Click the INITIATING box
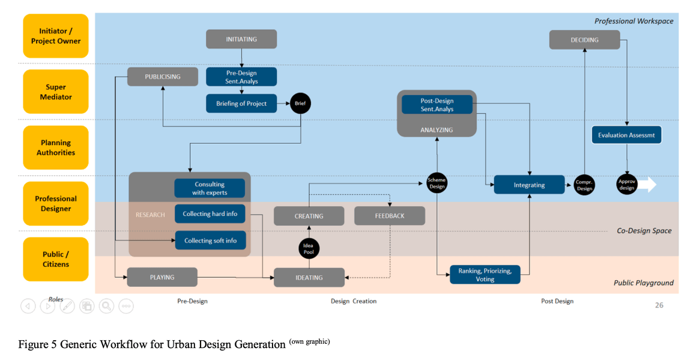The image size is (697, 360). pos(241,39)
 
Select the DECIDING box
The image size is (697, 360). pos(585,40)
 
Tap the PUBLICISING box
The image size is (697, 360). pos(162,77)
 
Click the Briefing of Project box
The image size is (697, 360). pos(241,104)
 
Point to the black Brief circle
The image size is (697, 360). pos(300,104)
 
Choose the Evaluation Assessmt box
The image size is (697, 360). pos(627,136)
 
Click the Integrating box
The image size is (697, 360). pos(529,185)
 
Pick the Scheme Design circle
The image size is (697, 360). pos(436,184)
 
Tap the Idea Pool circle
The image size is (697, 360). pos(309,248)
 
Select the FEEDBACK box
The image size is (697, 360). pos(390,216)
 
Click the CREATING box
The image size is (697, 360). pos(309,216)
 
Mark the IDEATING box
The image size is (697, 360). pos(309,277)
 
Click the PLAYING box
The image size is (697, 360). pos(162,277)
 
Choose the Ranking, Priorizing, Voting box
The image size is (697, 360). pos(485,275)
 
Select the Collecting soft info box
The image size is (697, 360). pos(210,241)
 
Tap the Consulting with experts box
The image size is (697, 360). pos(210,188)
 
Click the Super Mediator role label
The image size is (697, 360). pos(56,92)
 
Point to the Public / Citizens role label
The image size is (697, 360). pos(56,259)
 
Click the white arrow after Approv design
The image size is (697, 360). pos(647,185)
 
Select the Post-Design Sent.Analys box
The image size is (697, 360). pos(436,105)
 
